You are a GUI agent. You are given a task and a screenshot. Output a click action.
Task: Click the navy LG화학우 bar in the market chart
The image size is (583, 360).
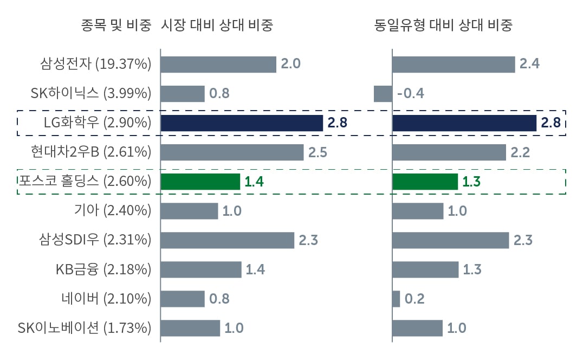tap(242, 123)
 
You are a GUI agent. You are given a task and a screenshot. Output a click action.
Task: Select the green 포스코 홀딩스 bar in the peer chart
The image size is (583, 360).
tap(425, 182)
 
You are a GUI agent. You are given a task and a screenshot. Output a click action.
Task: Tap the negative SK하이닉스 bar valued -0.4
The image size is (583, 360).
tap(383, 94)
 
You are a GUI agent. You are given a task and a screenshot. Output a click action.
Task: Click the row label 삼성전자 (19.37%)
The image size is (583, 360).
tap(95, 64)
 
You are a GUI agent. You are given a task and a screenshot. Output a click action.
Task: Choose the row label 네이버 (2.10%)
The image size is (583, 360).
tap(106, 299)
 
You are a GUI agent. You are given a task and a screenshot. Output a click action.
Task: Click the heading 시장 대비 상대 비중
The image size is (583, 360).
tap(216, 25)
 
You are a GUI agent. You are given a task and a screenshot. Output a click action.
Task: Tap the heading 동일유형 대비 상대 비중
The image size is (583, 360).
tap(443, 25)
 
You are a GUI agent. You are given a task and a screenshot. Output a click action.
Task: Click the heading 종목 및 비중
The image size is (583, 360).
tap(116, 25)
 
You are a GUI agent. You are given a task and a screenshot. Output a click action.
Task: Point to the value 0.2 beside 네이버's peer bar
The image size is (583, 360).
tap(414, 299)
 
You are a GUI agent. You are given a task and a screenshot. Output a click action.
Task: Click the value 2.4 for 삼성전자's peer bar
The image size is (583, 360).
tap(529, 64)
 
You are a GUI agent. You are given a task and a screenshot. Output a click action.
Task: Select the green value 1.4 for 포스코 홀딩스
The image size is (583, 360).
tap(254, 182)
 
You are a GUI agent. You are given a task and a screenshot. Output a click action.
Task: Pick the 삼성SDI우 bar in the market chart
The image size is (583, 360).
tap(228, 240)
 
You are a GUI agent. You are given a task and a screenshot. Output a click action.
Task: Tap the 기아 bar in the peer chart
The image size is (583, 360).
tap(418, 211)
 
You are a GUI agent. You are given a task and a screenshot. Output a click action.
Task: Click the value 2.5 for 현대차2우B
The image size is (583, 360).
tap(318, 152)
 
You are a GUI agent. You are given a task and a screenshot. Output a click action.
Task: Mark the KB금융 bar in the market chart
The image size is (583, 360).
tap(201, 269)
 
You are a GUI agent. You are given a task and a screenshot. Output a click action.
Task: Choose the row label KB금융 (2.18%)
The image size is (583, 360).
tap(103, 269)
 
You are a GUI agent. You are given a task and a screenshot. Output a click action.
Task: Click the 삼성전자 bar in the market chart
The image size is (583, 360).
tap(218, 64)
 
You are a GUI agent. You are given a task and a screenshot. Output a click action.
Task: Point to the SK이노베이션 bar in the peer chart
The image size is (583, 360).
tap(418, 328)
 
